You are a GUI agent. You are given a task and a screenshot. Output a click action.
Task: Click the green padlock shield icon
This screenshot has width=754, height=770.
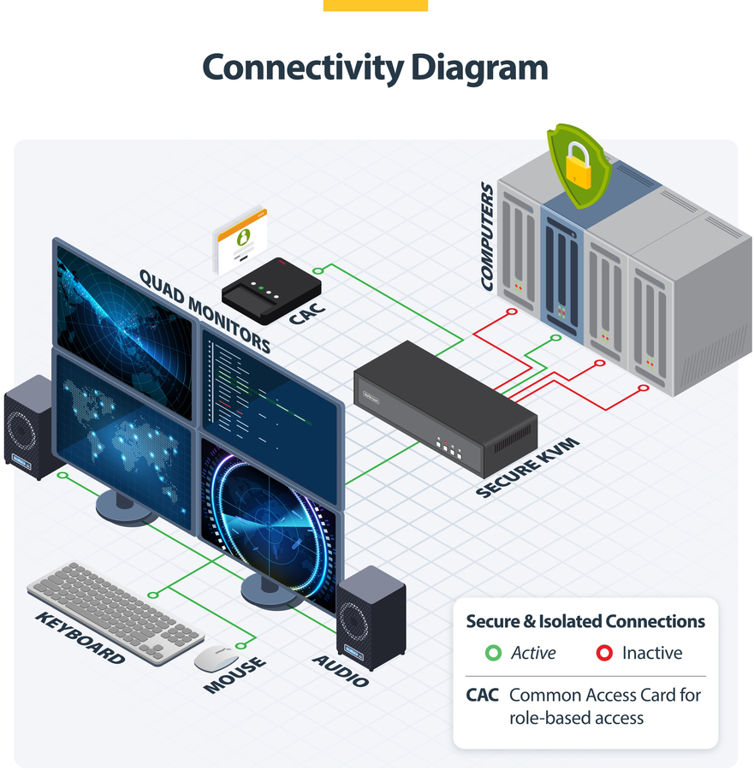pyautogui.click(x=579, y=166)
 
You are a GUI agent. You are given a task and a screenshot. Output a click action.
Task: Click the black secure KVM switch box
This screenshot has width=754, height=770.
pyautogui.click(x=445, y=407)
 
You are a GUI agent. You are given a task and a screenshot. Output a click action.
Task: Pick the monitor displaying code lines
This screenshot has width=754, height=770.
pyautogui.click(x=270, y=385)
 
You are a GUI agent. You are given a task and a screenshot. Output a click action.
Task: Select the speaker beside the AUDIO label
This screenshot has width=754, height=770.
pyautogui.click(x=371, y=616)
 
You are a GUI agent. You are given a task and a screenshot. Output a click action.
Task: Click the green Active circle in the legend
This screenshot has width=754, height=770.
pyautogui.click(x=493, y=654)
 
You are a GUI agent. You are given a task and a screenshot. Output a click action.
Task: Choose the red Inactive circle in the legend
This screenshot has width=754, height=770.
pyautogui.click(x=604, y=654)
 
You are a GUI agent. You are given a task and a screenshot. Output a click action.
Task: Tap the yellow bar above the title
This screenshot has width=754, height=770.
pyautogui.click(x=375, y=5)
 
